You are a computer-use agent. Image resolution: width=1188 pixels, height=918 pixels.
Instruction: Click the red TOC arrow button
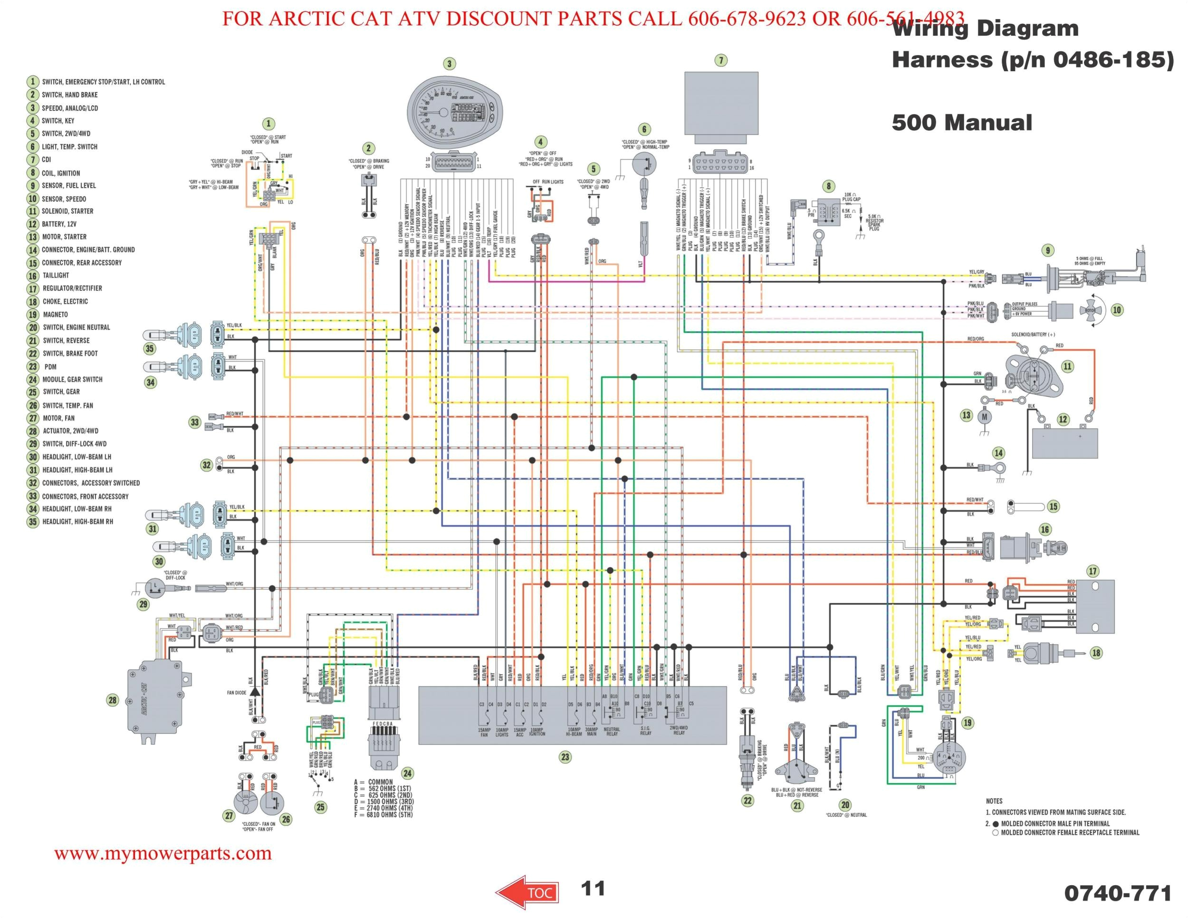[x=527, y=892]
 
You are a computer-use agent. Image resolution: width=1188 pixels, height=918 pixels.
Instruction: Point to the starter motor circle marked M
[x=984, y=417]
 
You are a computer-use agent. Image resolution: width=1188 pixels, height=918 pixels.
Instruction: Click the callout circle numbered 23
[x=565, y=756]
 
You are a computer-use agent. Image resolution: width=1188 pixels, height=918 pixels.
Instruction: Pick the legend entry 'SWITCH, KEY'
[x=57, y=121]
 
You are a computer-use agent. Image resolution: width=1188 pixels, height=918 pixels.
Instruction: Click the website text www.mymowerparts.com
[x=163, y=853]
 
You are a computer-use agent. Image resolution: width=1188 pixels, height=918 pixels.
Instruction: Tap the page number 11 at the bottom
[x=593, y=888]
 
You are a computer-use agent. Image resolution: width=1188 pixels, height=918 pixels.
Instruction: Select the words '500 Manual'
[x=961, y=123]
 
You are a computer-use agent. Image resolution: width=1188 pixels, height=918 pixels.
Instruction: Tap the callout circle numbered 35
[x=149, y=349]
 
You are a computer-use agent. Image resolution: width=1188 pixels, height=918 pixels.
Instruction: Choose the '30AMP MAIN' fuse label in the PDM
[x=591, y=731]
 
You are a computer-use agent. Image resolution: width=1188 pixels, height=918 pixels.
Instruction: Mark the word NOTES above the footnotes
[x=994, y=801]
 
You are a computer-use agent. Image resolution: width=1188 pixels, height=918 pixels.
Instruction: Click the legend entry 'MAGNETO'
[x=55, y=315]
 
